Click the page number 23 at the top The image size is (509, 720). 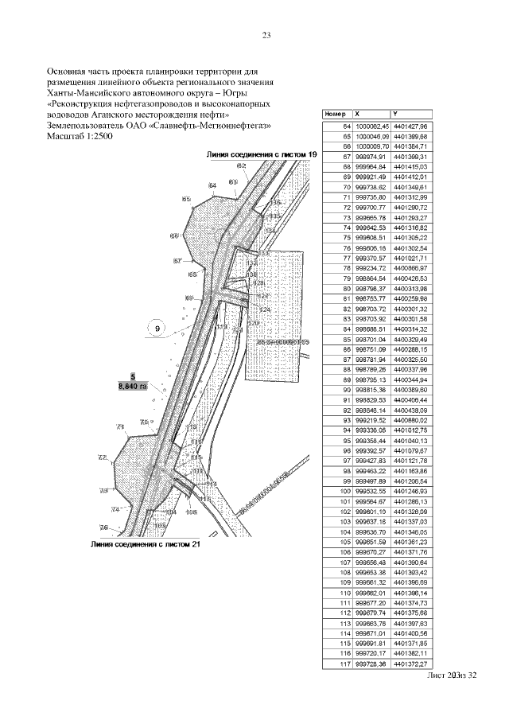pos(266,35)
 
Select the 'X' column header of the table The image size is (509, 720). pos(357,114)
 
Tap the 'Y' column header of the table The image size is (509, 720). pos(396,114)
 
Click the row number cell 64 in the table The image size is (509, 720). pos(346,126)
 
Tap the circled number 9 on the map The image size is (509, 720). pos(157,328)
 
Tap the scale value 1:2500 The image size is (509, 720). pos(103,137)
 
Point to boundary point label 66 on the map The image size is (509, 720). pos(174,236)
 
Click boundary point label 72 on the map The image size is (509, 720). pos(103,457)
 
